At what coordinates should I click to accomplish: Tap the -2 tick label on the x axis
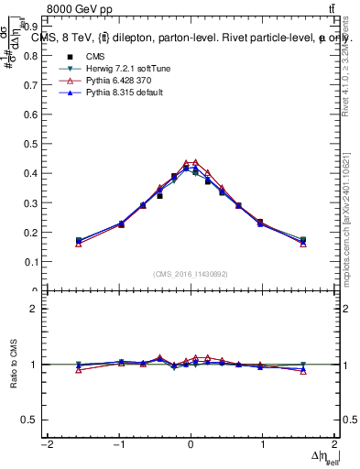pos(46,444)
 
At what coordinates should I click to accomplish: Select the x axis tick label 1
pos(263,444)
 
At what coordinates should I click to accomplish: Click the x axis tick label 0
pos(191,444)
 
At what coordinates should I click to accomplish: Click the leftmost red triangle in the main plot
pos(79,245)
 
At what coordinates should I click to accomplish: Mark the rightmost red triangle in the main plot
pos(303,245)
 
